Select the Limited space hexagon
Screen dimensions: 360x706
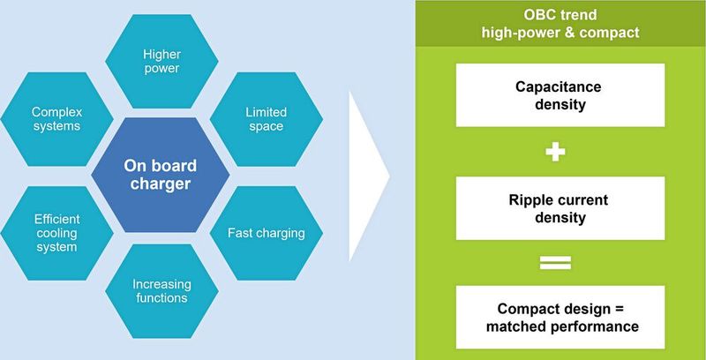(265, 119)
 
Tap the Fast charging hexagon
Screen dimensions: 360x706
(266, 233)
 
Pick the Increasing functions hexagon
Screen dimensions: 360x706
(160, 290)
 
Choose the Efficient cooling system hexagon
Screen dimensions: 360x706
(56, 233)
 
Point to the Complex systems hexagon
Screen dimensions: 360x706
(56, 119)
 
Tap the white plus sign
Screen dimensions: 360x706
(555, 152)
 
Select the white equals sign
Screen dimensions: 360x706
(555, 261)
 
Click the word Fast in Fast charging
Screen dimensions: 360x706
(241, 233)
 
